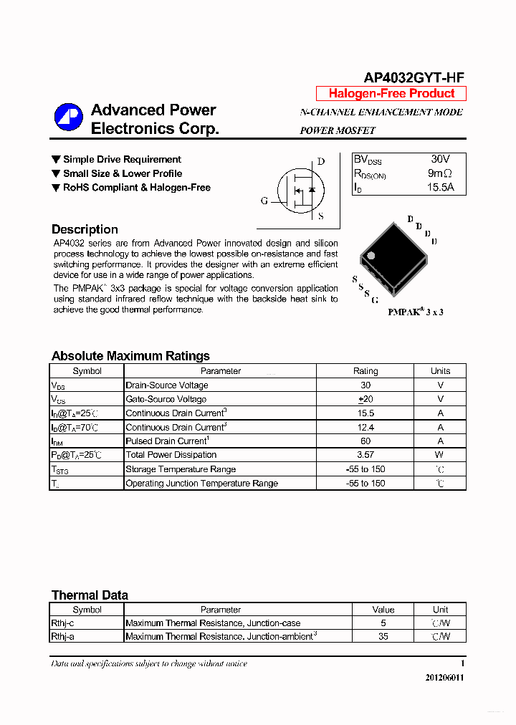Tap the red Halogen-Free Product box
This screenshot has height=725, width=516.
[x=391, y=94]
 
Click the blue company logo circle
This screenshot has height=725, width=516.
[x=69, y=118]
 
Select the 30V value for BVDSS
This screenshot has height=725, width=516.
[x=440, y=159]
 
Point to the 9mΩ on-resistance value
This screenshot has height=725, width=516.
[x=439, y=173]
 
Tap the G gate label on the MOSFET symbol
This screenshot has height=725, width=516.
[x=264, y=201]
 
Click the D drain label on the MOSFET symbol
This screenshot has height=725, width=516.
[x=321, y=162]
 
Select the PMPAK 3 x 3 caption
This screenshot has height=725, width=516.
[x=415, y=312]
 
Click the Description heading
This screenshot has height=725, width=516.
[x=85, y=230]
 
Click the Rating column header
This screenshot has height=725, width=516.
[x=365, y=371]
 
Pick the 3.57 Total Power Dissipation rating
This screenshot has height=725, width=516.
[x=365, y=455]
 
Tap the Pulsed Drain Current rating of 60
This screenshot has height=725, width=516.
[x=365, y=441]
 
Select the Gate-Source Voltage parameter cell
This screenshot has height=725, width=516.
[x=166, y=399]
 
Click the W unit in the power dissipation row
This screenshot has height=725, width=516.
[x=439, y=455]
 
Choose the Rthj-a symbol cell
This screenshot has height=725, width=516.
[x=62, y=636]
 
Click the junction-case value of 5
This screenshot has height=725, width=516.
[x=383, y=623]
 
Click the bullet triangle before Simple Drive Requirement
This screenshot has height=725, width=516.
[x=56, y=160]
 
